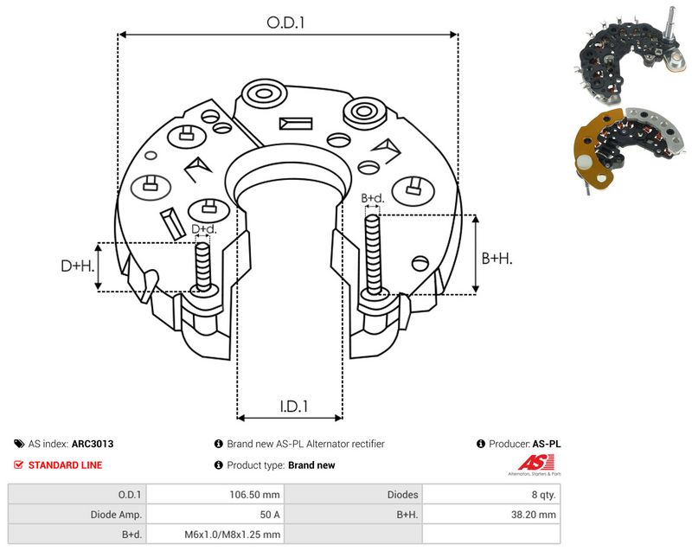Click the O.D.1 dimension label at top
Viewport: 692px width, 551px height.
[285, 22]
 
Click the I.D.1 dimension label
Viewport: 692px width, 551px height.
[294, 406]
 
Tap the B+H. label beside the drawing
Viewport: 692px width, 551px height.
[497, 258]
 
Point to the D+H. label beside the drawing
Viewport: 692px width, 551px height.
[78, 266]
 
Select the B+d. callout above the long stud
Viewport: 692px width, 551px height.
[373, 198]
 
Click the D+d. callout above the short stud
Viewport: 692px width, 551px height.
[204, 229]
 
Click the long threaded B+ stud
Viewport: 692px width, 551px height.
[373, 256]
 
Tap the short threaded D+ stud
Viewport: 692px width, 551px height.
[203, 267]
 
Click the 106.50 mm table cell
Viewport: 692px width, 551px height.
[254, 495]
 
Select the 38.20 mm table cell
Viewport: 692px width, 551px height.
[534, 515]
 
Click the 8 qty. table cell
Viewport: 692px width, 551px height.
[544, 495]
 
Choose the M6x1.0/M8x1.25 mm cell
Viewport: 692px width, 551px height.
[232, 535]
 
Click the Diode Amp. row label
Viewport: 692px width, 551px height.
[116, 515]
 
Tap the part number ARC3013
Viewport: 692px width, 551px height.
[93, 444]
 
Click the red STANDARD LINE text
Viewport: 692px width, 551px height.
[65, 465]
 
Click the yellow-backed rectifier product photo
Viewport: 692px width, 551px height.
[631, 148]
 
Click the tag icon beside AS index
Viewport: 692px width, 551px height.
[19, 444]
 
